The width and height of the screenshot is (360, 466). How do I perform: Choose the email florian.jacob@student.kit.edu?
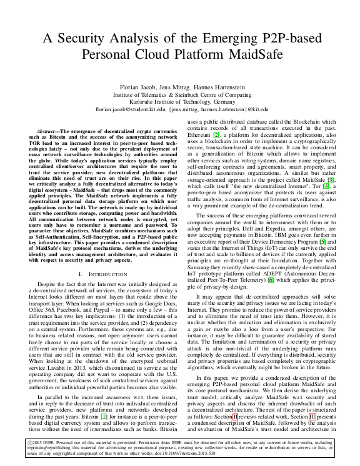(x=129, y=108)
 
